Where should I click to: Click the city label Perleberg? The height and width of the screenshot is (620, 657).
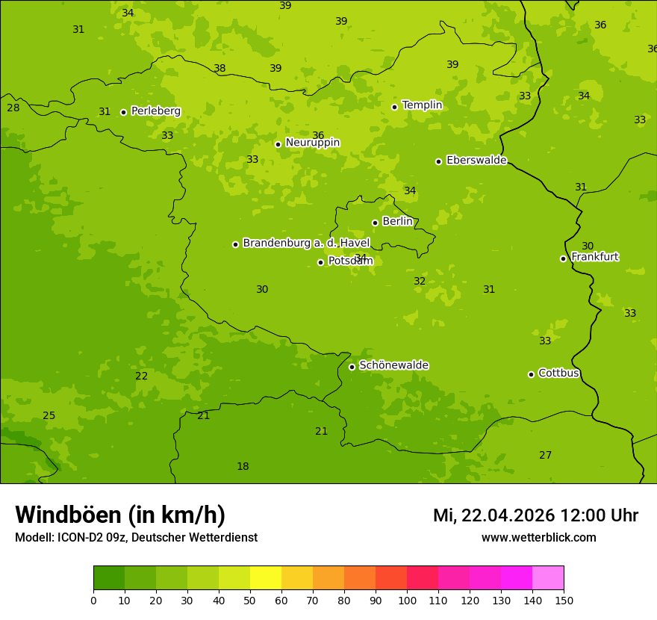155,111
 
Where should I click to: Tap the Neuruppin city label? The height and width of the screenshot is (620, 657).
312,143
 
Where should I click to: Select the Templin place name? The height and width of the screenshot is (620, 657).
422,105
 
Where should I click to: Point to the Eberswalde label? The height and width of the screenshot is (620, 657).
476,161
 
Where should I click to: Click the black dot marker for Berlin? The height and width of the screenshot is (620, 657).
375,223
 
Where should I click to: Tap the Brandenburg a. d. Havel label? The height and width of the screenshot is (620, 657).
306,244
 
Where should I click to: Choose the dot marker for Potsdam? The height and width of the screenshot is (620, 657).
321,262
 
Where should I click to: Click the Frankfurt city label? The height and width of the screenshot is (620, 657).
594,257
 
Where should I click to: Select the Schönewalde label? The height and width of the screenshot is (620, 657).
393,365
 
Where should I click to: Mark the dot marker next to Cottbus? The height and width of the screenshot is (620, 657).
532,374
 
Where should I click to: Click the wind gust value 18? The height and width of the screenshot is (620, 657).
243,467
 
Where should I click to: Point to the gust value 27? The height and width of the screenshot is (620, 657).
546,456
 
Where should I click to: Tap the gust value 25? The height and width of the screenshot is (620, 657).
49,416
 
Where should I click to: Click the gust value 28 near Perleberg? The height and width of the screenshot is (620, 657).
13,108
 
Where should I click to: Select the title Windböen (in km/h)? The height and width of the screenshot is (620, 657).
120,515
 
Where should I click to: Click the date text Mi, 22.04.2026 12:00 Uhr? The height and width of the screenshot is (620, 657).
535,515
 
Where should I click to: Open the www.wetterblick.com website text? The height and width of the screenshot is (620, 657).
538,538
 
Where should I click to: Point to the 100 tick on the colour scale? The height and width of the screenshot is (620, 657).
407,600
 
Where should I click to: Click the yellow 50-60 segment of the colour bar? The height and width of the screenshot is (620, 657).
266,578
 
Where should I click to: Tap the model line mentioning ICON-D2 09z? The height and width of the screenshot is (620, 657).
136,538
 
